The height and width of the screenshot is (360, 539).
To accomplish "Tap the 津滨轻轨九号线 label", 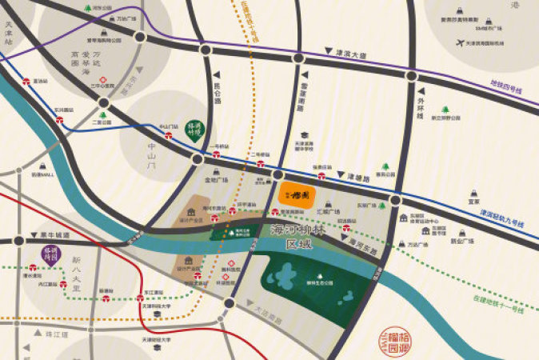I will point(505,215).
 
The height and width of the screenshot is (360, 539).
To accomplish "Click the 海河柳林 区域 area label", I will point(293,237).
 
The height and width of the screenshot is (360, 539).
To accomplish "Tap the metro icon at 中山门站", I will point(168,135).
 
